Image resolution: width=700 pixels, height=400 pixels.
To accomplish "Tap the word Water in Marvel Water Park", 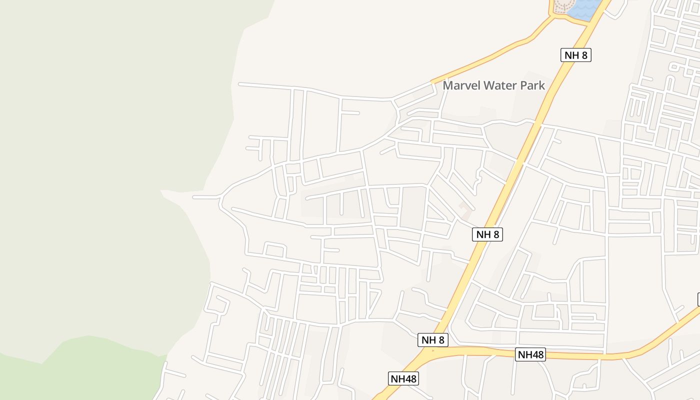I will [500, 85].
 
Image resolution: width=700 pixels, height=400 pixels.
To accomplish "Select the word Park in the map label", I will [532, 85].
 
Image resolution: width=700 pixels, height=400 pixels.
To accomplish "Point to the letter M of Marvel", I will [448, 85].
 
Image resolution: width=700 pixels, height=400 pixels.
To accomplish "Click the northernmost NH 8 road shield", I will [576, 55].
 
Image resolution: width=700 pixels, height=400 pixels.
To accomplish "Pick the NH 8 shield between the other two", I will [487, 234].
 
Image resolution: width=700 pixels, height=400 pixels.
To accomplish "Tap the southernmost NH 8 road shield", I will [433, 340].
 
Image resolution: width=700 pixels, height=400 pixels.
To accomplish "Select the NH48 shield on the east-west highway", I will [530, 354].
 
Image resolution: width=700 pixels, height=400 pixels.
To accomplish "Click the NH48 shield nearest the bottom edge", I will [403, 378].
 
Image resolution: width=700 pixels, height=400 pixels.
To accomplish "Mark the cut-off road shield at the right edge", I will [698, 299].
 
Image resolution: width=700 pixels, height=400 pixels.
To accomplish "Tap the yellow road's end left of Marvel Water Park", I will [432, 81].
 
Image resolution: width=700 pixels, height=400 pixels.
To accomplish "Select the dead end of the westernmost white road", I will [194, 197].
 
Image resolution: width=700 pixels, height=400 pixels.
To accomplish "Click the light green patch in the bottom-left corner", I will [75, 370].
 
